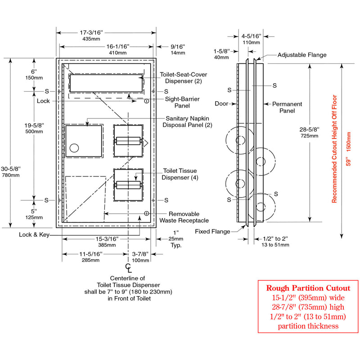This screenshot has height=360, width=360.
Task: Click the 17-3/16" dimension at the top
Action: click(92, 33)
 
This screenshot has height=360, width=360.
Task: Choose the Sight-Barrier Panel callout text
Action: click(182, 102)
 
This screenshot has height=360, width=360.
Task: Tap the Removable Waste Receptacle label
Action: click(184, 217)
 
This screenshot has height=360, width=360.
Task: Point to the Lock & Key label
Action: click(34, 235)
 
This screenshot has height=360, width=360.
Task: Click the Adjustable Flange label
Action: click(302, 55)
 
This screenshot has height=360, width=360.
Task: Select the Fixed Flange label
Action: click(212, 231)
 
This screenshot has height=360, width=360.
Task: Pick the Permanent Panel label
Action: click(287, 107)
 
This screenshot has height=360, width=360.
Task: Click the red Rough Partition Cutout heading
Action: click(308, 288)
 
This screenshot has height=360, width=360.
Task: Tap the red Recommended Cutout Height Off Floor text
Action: click(334, 149)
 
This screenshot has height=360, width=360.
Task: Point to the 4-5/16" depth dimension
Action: click(251, 36)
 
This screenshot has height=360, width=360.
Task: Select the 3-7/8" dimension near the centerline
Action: click(140, 254)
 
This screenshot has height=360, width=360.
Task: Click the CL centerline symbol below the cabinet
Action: click(129, 269)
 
